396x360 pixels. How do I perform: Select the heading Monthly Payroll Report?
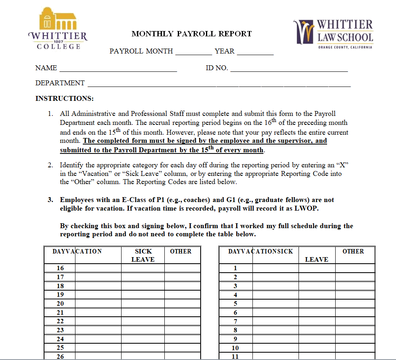[x=192, y=34]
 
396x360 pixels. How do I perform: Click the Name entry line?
[x=118, y=69]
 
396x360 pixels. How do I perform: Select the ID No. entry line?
[x=289, y=69]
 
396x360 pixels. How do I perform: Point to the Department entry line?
[x=219, y=84]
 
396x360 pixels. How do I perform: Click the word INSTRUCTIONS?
[x=64, y=98]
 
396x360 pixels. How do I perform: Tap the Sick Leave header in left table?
[x=143, y=255]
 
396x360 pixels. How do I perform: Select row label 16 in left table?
[x=60, y=268]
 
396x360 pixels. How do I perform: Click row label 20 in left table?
[x=60, y=304]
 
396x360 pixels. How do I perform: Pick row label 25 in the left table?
[x=60, y=348]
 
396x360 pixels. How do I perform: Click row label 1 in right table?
[x=235, y=268]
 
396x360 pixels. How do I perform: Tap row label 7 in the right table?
[x=235, y=321]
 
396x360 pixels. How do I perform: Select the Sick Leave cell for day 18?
[x=143, y=286]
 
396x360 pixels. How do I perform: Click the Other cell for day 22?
[x=182, y=321]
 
